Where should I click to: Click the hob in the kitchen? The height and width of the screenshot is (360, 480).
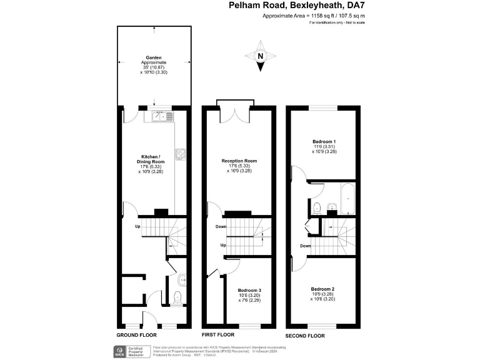click(181, 154)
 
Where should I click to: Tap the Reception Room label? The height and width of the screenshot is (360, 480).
click(239, 165)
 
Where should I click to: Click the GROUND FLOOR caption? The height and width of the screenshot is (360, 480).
click(136, 335)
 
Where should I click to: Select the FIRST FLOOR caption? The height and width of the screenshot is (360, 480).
click(218, 335)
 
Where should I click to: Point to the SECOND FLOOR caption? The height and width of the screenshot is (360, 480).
click(305, 336)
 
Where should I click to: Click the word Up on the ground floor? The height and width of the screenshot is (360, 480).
click(137, 226)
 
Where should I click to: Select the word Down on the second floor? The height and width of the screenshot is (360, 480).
click(306, 246)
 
